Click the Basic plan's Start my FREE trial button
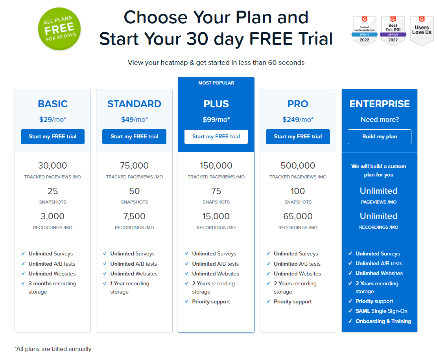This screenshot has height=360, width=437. point(53,137)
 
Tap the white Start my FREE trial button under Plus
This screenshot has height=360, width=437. point(216,137)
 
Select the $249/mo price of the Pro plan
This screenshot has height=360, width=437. point(298,119)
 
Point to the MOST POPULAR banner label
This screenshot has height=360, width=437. point(216,83)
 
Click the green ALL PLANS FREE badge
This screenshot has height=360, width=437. point(59,29)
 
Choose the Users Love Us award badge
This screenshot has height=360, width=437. point(422,31)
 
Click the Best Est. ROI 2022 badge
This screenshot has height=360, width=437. point(393,31)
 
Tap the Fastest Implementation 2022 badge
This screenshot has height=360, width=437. point(365,31)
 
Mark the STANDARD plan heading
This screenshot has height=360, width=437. point(135,104)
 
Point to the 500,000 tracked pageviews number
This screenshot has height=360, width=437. point(298,166)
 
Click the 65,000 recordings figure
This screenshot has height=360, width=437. point(298,216)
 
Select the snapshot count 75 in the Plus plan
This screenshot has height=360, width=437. point(216,191)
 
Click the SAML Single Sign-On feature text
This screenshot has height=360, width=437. point(381,311)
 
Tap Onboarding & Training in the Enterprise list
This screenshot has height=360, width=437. point(383,321)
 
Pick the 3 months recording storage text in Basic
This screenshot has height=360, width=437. point(52,288)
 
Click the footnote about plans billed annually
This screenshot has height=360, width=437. point(53,349)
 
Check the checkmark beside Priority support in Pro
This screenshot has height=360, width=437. point(268,301)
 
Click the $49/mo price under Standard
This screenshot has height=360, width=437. point(135,119)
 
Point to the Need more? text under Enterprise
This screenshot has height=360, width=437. point(380,119)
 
